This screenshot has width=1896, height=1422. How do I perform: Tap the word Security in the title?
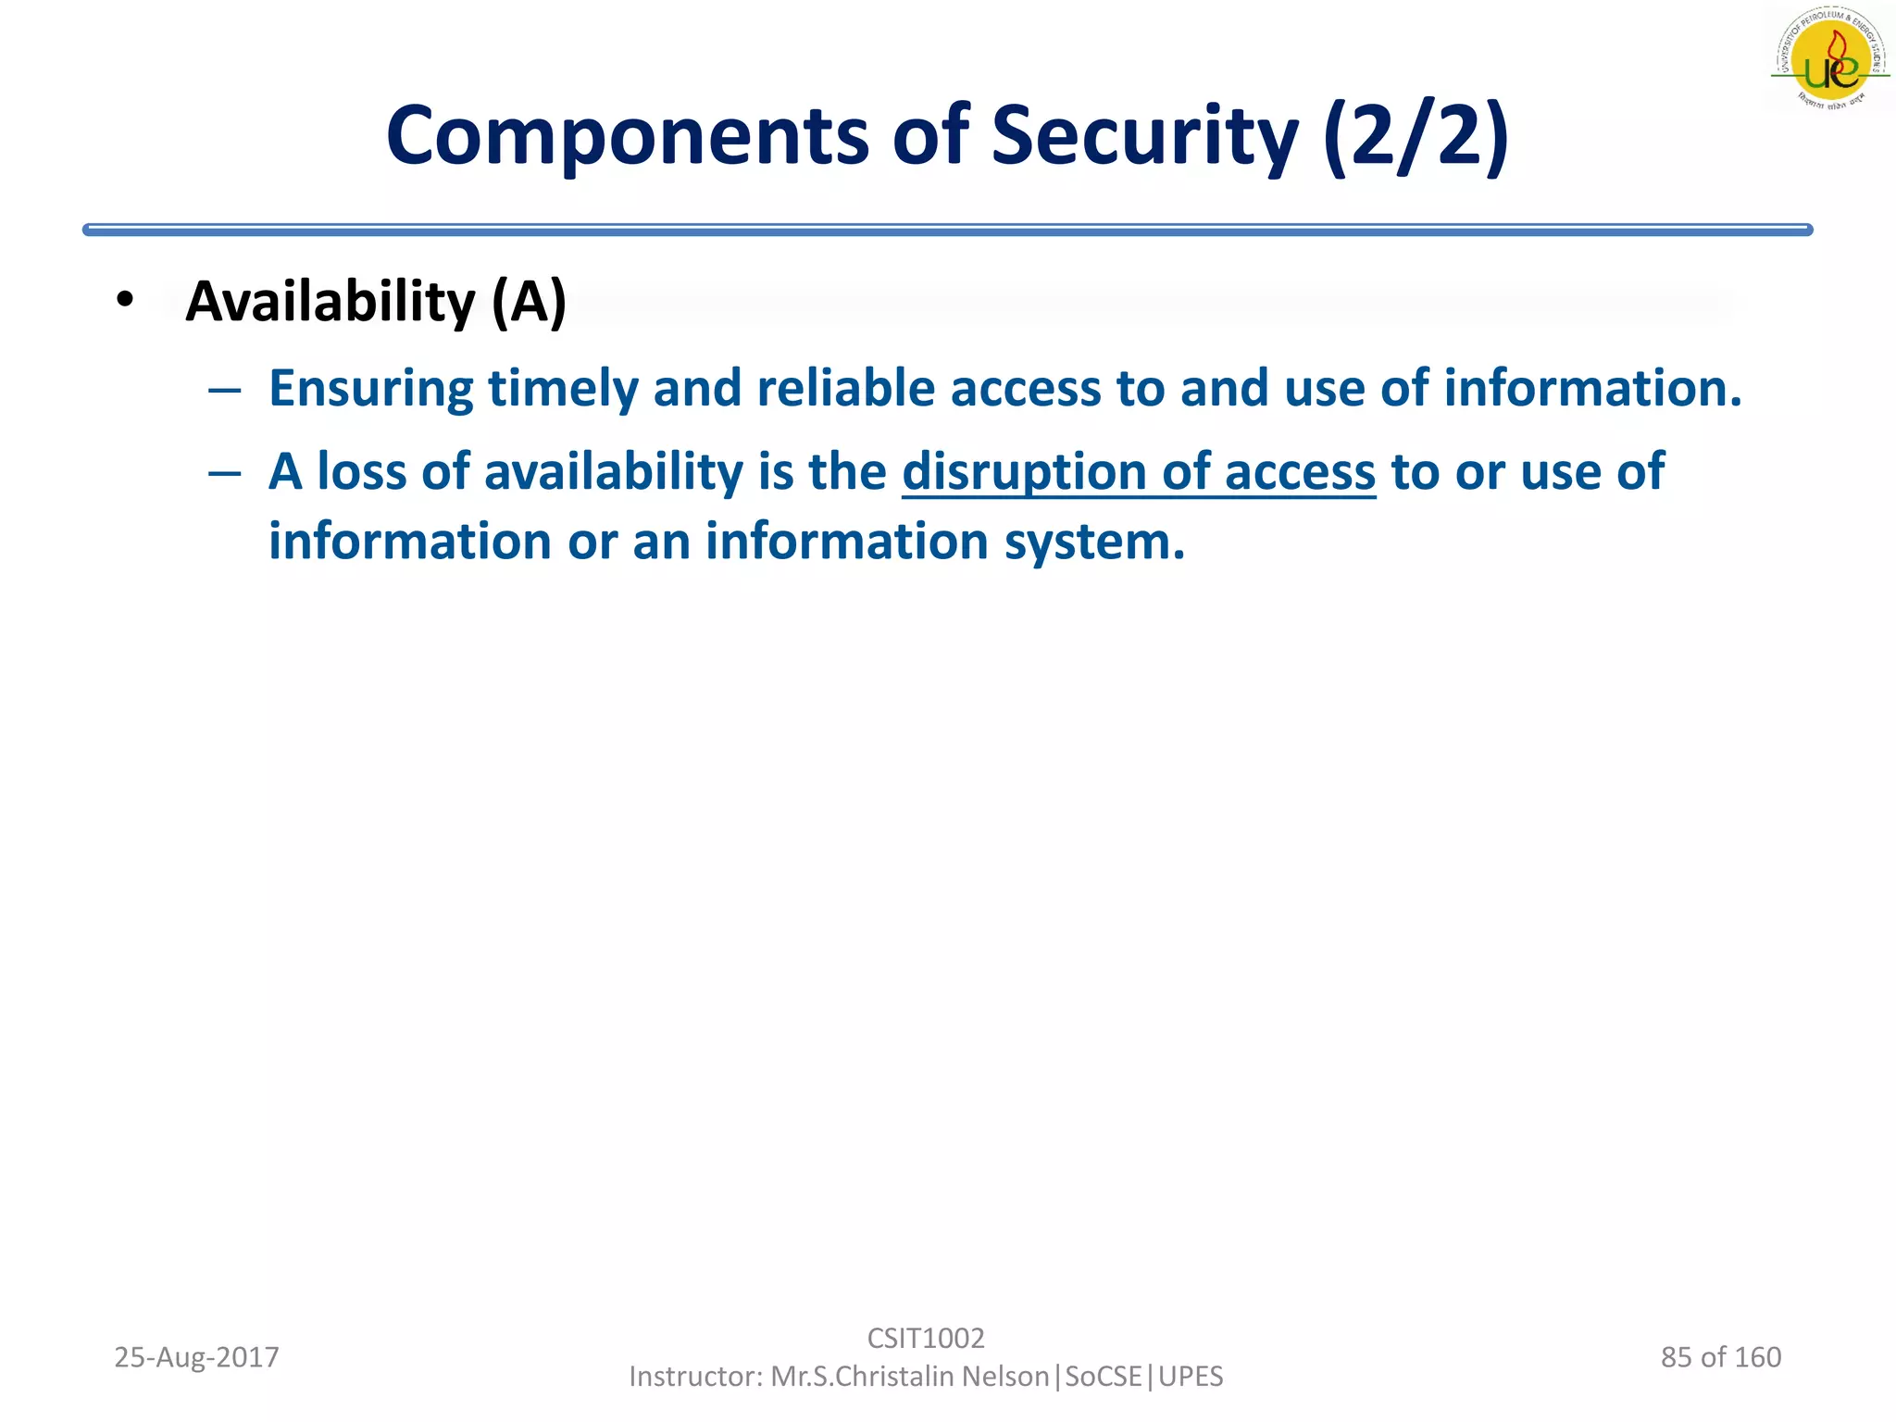coord(1144,137)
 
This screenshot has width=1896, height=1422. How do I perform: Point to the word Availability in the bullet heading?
coord(331,302)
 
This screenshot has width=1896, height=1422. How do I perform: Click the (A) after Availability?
coord(529,302)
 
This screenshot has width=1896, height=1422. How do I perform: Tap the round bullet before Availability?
coord(125,299)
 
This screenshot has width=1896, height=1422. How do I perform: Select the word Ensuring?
coord(370,388)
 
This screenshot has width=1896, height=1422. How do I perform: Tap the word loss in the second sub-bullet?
coord(362,472)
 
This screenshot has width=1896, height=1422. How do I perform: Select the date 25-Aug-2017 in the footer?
coord(196,1357)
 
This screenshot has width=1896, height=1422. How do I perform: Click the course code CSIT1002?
coord(925,1338)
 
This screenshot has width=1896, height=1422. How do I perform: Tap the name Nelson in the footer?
coord(1005,1377)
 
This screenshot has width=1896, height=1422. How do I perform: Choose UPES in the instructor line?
coord(1191,1377)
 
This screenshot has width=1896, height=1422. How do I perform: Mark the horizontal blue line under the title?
coord(947,230)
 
